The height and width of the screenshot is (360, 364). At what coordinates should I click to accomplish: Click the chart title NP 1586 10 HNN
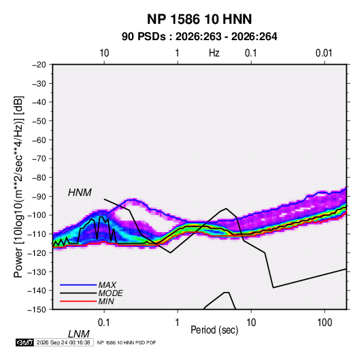tap(199, 19)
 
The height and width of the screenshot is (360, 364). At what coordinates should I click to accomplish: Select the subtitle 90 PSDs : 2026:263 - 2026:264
tap(199, 37)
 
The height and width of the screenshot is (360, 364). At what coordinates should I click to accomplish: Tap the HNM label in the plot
tap(80, 193)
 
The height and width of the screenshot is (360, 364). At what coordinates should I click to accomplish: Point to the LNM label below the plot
tap(79, 334)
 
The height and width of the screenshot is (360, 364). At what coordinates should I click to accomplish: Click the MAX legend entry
tap(107, 284)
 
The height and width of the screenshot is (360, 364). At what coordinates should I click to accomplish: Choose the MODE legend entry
tap(110, 293)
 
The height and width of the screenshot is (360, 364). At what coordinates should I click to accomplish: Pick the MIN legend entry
tap(106, 301)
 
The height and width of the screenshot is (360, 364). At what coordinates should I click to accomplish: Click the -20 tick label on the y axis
tap(39, 65)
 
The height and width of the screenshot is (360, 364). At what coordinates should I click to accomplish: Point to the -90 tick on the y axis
tap(39, 196)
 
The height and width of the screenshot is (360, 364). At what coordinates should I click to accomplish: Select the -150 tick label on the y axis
tap(37, 310)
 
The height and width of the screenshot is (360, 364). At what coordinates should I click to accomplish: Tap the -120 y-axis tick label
tap(37, 252)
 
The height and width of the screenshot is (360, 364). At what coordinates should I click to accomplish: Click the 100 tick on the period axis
tap(325, 323)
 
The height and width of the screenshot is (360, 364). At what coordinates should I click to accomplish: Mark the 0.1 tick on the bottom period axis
tap(104, 323)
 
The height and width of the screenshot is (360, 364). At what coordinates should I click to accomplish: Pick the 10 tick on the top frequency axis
tap(104, 53)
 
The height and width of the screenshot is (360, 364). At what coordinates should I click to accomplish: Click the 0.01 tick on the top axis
tap(324, 53)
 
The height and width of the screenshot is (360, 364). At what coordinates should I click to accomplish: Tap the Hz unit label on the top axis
tap(214, 53)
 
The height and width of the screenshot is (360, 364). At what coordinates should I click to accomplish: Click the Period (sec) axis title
tap(214, 330)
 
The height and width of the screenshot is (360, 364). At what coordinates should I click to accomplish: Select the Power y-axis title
tap(18, 187)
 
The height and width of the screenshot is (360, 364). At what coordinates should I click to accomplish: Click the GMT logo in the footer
tap(25, 342)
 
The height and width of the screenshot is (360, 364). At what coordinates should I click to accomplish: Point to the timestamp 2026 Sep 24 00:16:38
tap(63, 342)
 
